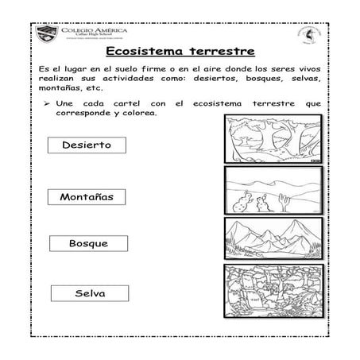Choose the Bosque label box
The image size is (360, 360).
88,242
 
